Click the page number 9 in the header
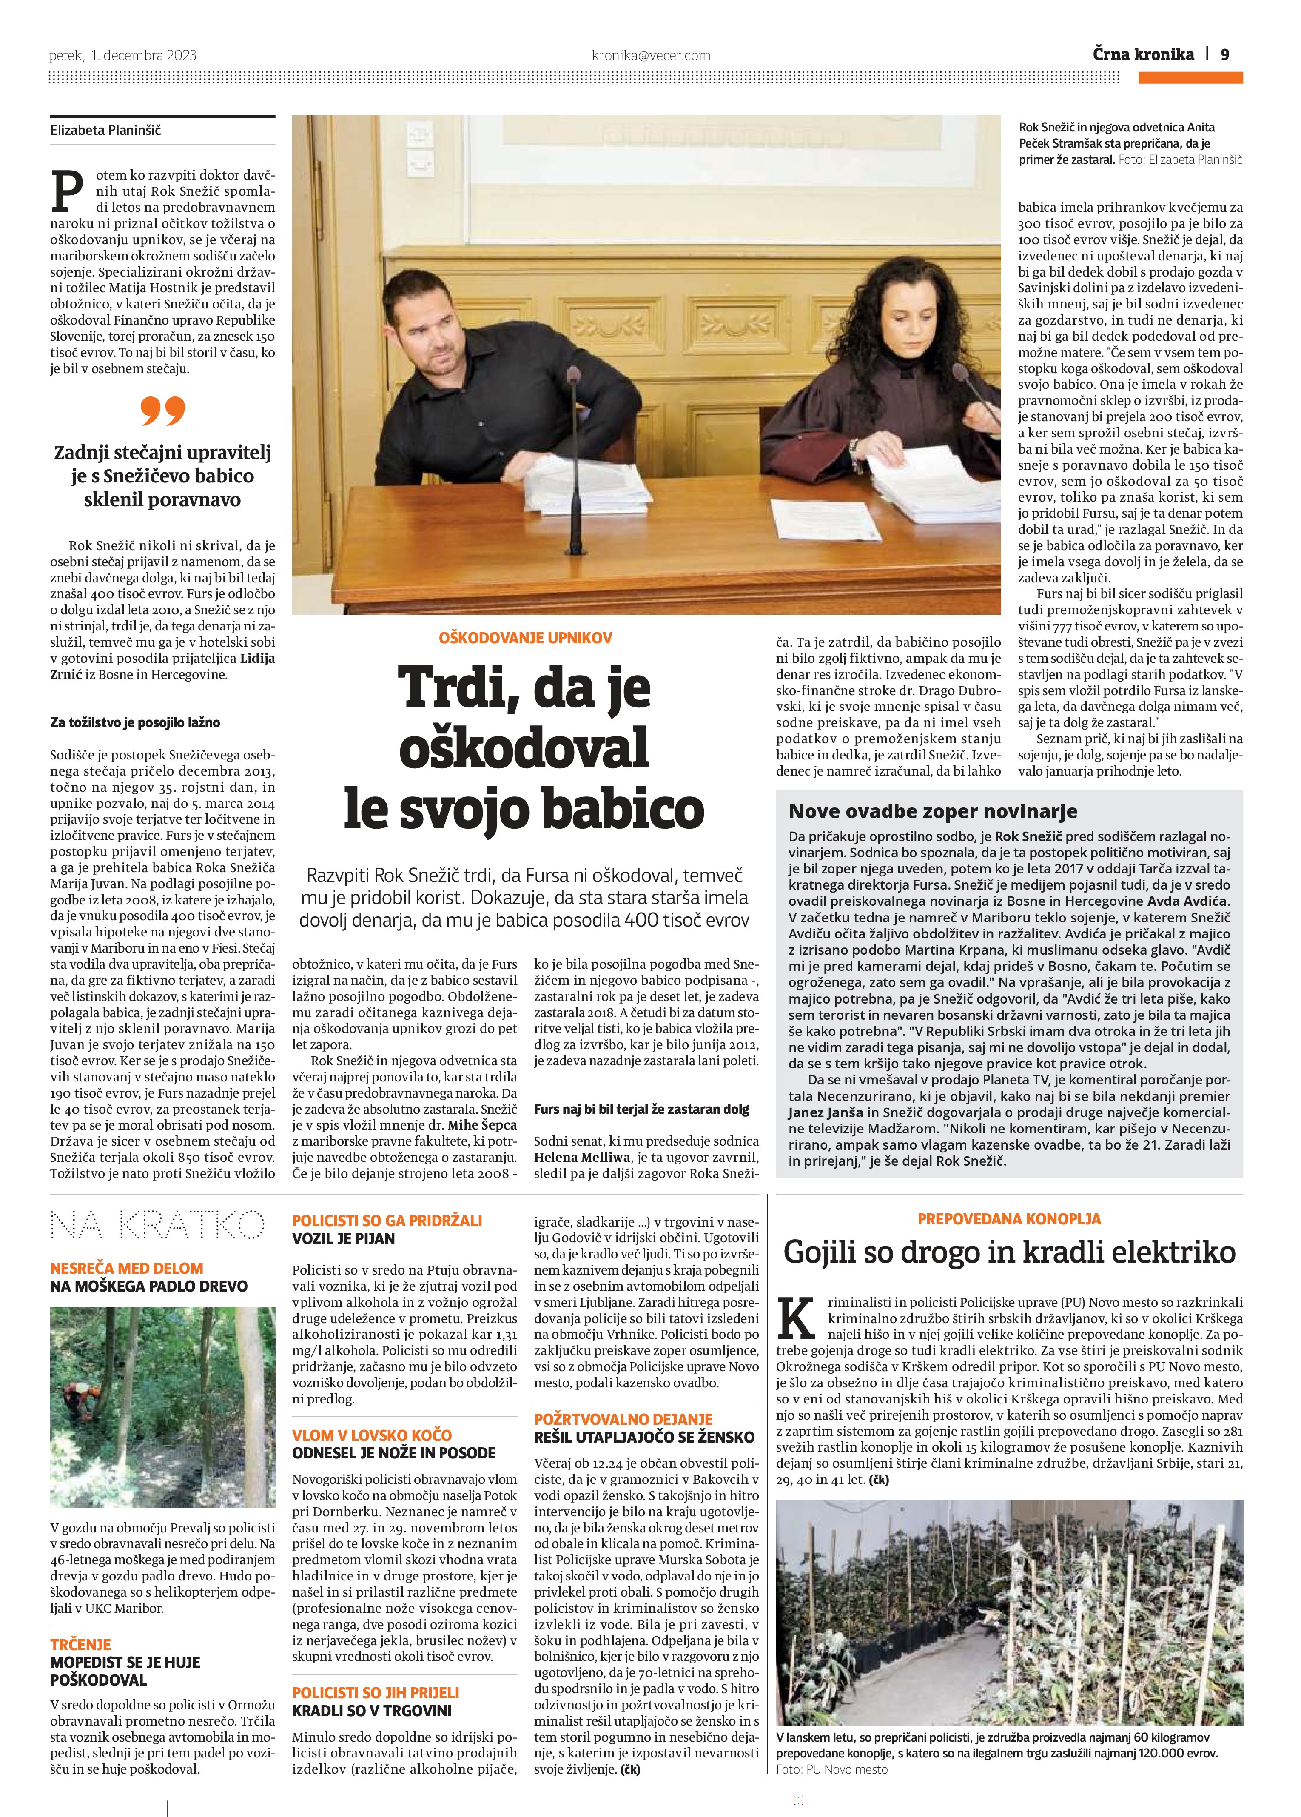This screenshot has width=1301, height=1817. (x=1225, y=54)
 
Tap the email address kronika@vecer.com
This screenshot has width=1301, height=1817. (x=651, y=55)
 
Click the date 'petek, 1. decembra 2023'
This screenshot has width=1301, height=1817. (x=122, y=55)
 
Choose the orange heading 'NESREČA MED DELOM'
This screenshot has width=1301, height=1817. (x=127, y=1268)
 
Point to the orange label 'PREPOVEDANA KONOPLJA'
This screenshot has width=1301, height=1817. (x=1008, y=1218)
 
